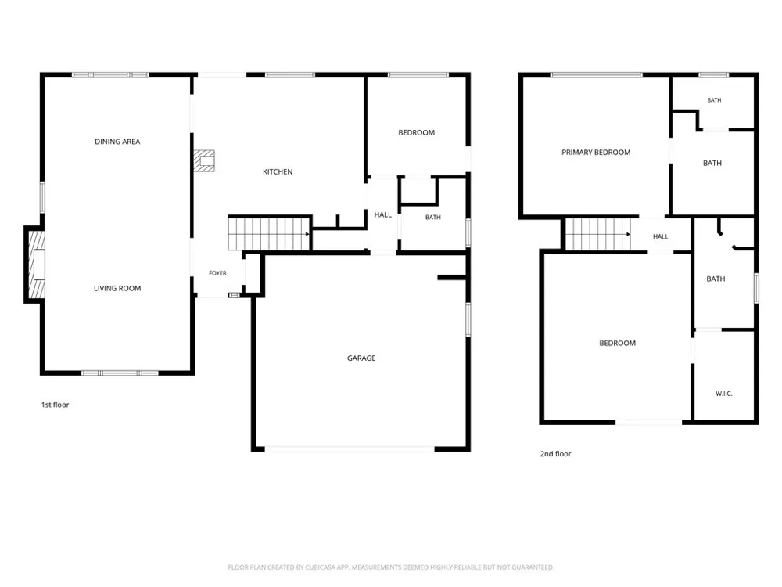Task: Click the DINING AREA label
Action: (117, 142)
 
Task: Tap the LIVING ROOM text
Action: (117, 289)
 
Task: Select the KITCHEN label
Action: (278, 171)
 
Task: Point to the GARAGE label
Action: (361, 358)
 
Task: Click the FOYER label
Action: (217, 273)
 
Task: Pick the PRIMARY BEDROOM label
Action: (596, 153)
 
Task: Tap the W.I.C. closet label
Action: (723, 394)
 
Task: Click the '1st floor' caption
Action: (55, 405)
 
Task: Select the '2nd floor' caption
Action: (555, 454)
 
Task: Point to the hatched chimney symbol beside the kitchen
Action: (204, 160)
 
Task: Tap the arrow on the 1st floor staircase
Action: (307, 234)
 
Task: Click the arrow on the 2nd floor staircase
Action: (629, 234)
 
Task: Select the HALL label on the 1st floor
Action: (383, 214)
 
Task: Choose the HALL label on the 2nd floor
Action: (660, 236)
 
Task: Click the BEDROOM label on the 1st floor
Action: (417, 133)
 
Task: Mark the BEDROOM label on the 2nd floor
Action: (618, 344)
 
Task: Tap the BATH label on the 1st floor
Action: (433, 217)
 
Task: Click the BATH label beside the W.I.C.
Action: (716, 279)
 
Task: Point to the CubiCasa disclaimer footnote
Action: (391, 567)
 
